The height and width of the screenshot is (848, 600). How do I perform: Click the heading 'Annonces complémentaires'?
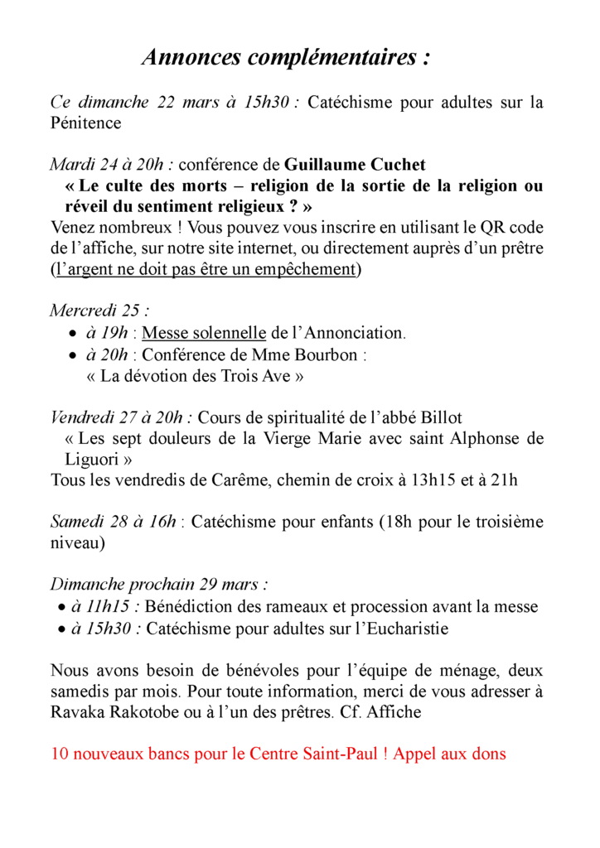(287, 58)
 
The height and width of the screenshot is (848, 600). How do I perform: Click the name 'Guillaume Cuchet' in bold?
(356, 165)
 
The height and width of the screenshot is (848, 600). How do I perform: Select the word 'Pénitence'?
(85, 123)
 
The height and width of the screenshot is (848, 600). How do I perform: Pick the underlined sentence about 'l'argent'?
(203, 269)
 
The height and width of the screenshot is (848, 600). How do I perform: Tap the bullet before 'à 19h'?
(72, 334)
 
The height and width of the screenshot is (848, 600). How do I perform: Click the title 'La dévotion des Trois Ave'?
(195, 376)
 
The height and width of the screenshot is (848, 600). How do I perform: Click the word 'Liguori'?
(94, 459)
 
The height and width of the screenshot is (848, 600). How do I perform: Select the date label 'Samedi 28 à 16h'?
(114, 522)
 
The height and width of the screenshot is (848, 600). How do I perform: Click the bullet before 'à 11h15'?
(63, 608)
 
